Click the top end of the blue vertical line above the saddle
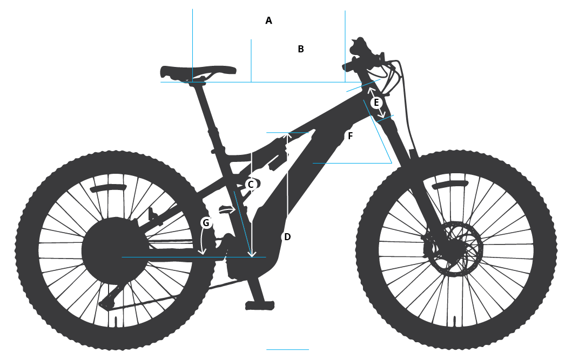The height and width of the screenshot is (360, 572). (x=193, y=9)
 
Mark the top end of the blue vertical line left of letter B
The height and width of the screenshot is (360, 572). (x=251, y=39)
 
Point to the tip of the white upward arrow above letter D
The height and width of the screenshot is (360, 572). (x=288, y=133)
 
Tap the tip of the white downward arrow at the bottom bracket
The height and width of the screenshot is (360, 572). (x=252, y=256)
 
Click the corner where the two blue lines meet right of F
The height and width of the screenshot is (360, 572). (x=392, y=163)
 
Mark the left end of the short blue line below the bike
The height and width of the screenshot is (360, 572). (x=267, y=349)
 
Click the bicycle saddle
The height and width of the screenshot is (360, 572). (x=198, y=72)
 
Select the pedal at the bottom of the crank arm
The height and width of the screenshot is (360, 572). (x=260, y=305)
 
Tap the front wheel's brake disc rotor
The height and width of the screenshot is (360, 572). (x=454, y=248)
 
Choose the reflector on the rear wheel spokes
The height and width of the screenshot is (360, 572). (x=109, y=188)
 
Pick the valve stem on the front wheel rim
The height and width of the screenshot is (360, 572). (x=455, y=321)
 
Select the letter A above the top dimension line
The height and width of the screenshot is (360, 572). (x=268, y=21)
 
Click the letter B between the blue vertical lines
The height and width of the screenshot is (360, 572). (x=301, y=49)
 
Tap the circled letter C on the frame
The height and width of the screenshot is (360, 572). (x=251, y=185)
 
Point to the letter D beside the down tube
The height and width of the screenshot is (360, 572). (x=287, y=237)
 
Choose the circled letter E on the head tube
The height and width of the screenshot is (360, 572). (x=376, y=103)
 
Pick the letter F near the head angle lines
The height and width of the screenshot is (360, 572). (x=350, y=136)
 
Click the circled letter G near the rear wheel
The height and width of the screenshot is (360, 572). (x=206, y=222)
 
